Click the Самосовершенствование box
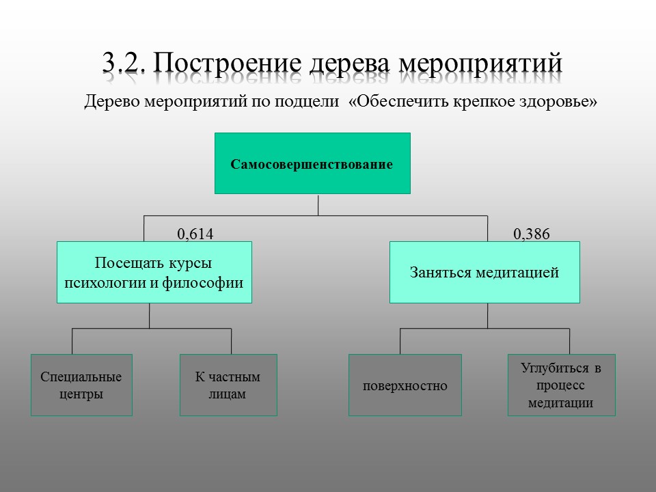[x=312, y=163]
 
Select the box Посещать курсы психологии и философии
[x=154, y=272]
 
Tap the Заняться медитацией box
[x=484, y=272]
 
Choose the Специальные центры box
[x=81, y=385]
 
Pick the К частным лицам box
[x=228, y=385]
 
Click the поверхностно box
[x=405, y=385]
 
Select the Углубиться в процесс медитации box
[x=562, y=385]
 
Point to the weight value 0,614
[x=195, y=234]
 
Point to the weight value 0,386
[x=532, y=234]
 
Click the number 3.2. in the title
[x=124, y=63]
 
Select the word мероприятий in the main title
[x=480, y=64]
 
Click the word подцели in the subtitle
[x=307, y=102]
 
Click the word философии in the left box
[x=202, y=283]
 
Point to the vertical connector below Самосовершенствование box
[x=318, y=204]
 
